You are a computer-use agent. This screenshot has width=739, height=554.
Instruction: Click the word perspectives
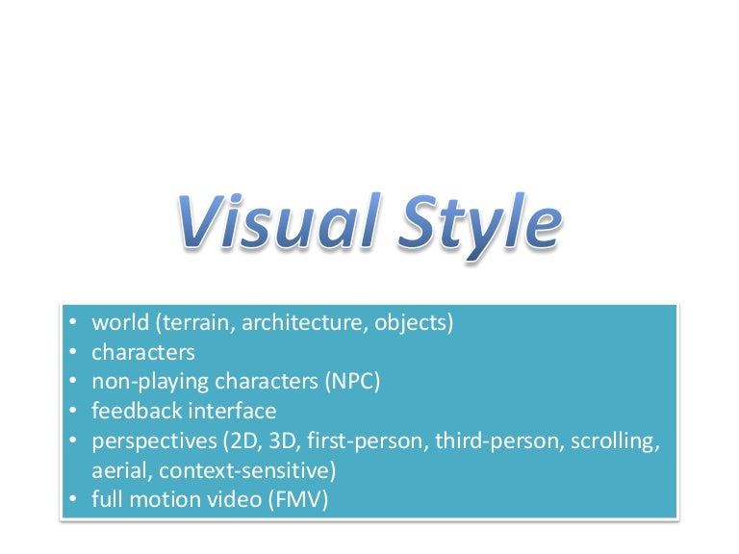[x=150, y=441]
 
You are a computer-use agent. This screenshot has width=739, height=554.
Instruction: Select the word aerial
[x=119, y=471]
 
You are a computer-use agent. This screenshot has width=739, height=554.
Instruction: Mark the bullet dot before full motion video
[x=75, y=500]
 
